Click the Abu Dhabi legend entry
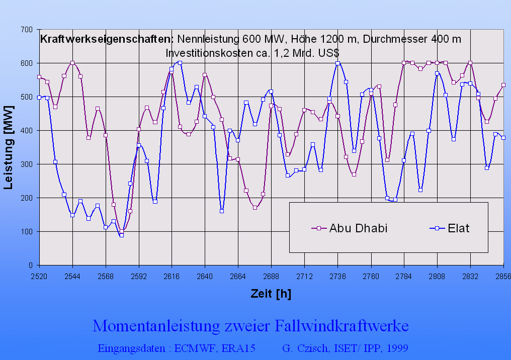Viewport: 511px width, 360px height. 358,228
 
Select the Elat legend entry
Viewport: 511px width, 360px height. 458,228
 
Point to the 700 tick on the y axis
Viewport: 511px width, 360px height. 27,30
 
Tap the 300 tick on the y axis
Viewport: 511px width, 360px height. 27,164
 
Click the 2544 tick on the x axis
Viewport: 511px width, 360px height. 72,276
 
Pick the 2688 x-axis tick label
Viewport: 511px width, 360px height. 271,276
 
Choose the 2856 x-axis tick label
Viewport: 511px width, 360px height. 503,276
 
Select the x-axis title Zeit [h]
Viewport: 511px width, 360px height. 271,294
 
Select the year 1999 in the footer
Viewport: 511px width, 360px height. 397,348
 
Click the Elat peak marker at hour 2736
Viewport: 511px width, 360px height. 337,63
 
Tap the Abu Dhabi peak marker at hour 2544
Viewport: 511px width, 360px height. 72,63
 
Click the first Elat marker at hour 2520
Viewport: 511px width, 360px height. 39,97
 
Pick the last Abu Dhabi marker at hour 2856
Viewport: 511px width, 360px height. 503,85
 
